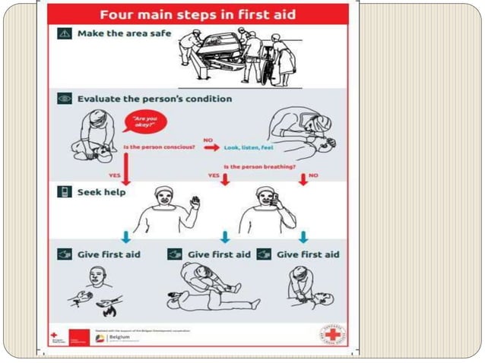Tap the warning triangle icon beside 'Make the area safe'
64,35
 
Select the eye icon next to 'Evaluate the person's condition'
64,99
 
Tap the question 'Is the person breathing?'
259,166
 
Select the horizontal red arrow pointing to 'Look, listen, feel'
211,147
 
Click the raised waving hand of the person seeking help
195,202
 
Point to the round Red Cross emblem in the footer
331,335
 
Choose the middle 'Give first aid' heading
219,254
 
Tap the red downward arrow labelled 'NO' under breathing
303,178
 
